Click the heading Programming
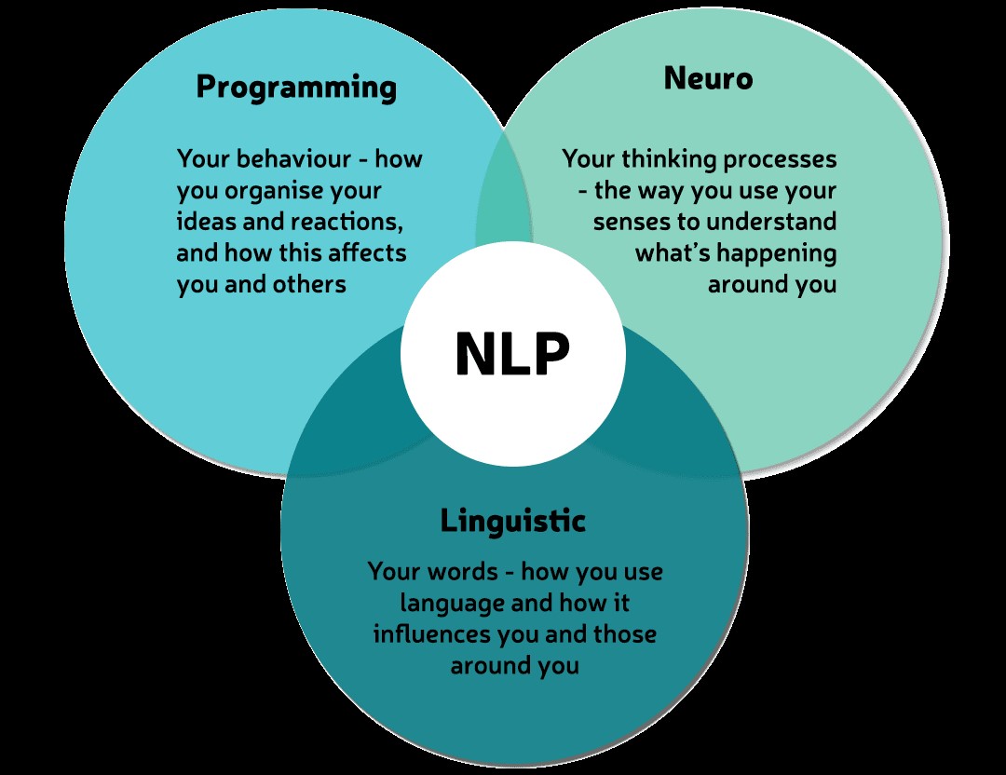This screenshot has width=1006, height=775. pyautogui.click(x=296, y=87)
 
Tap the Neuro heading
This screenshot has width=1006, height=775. pyautogui.click(x=708, y=78)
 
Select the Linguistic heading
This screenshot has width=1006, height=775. pyautogui.click(x=513, y=520)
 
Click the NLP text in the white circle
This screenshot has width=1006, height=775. pyautogui.click(x=512, y=355)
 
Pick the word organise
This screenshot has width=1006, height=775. pyautogui.click(x=265, y=190)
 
